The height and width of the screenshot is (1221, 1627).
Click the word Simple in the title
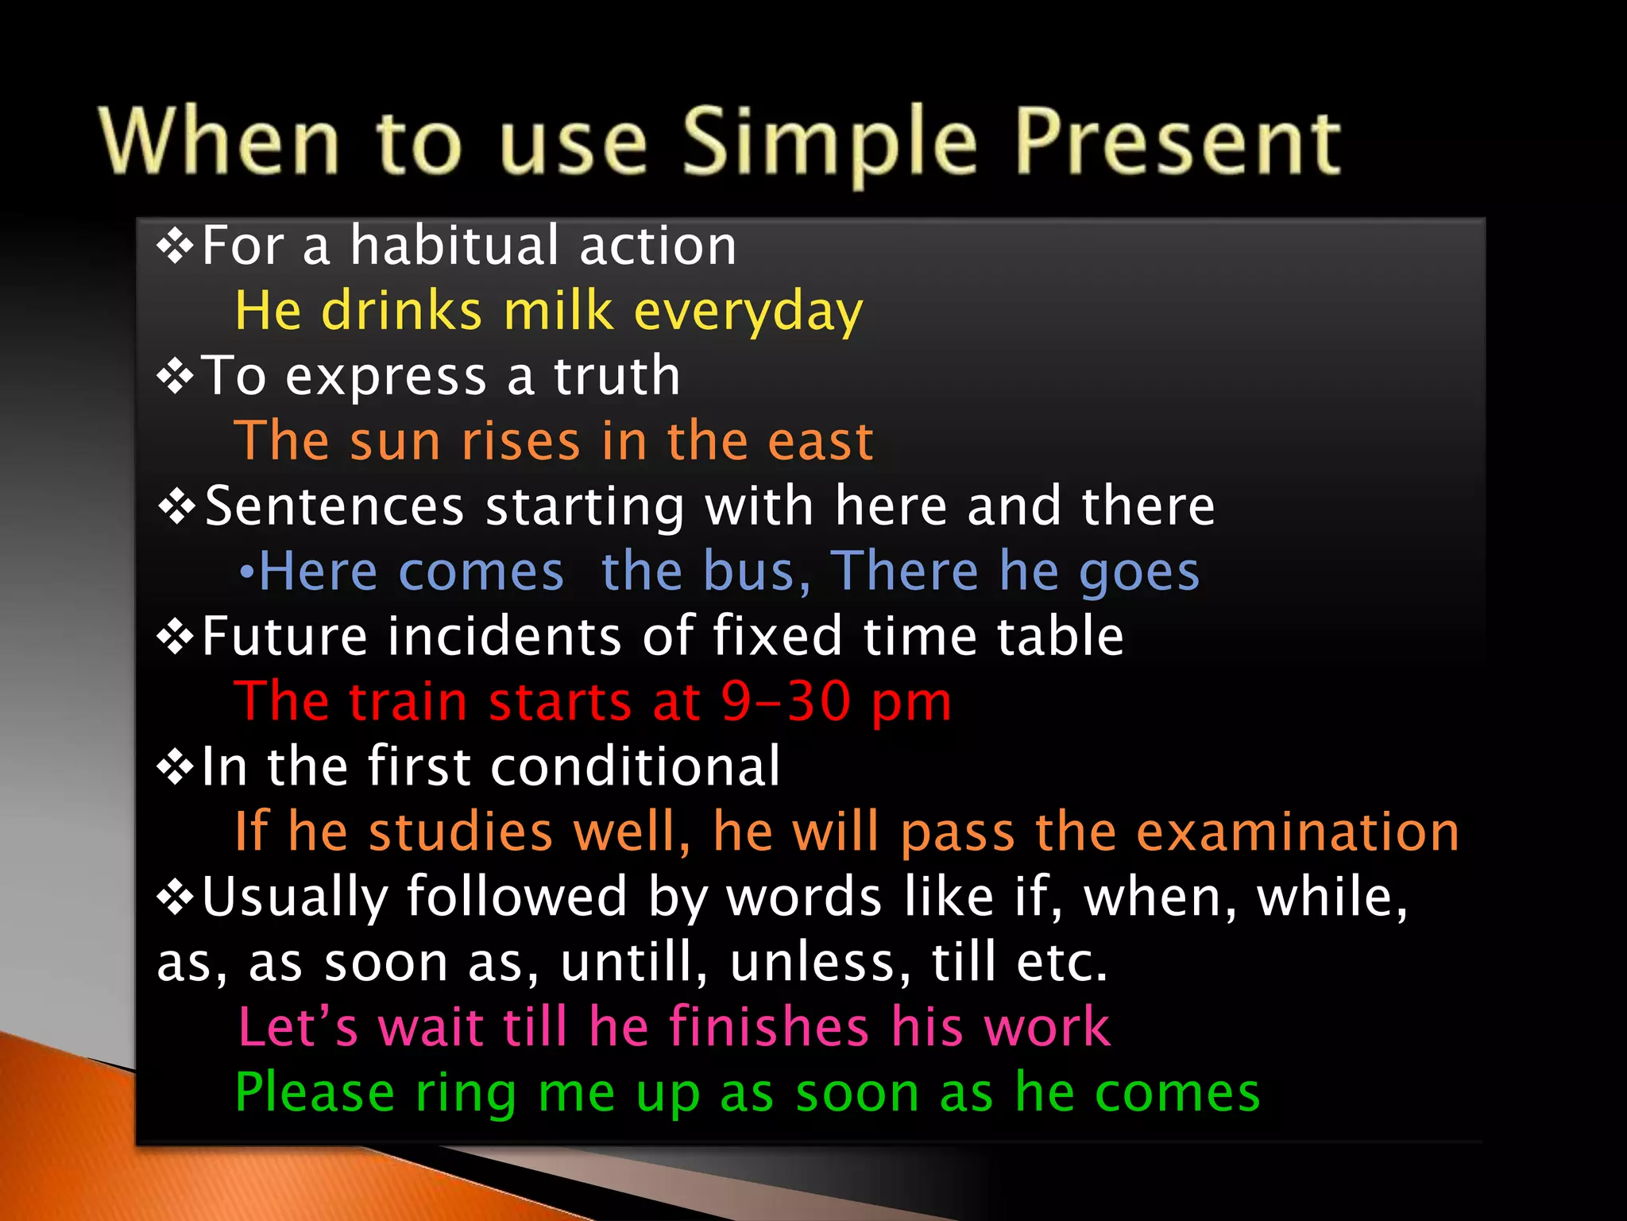point(829,143)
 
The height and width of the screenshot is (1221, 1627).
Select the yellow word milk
point(559,311)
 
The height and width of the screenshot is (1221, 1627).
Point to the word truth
point(616,375)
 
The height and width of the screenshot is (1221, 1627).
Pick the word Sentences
point(334,506)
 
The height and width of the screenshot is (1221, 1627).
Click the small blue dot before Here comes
point(247,573)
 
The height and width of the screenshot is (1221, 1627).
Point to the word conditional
point(636,767)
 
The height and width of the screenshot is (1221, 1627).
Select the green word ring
point(466,1094)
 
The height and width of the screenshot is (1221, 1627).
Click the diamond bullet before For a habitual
point(175,246)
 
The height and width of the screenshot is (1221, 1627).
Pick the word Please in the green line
point(315,1094)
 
